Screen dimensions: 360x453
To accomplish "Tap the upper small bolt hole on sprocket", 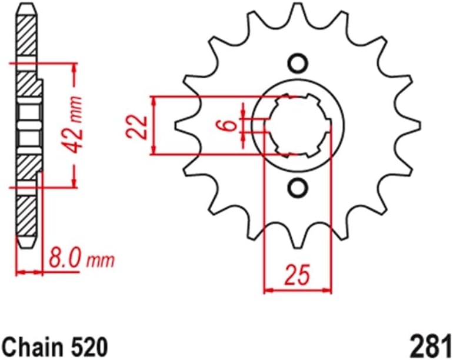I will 298,63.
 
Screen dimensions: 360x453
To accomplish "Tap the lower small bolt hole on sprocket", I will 298,188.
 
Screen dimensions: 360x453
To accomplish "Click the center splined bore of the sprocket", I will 298,125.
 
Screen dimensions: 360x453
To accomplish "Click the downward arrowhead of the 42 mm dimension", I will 74,182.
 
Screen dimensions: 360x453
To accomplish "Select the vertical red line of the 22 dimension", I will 154,125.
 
